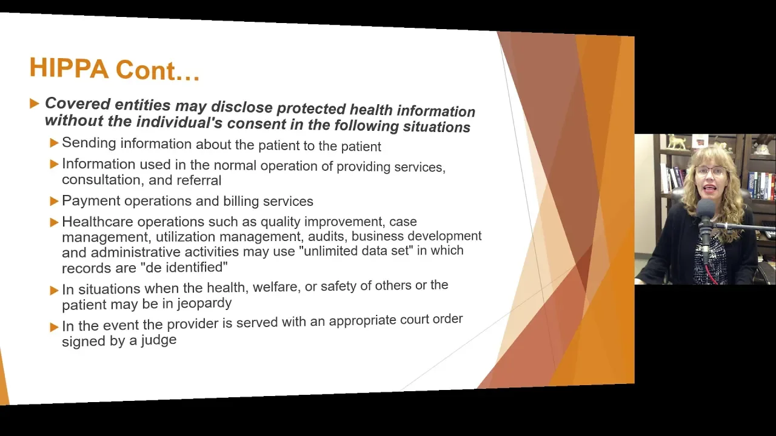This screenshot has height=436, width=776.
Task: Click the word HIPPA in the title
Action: (69, 68)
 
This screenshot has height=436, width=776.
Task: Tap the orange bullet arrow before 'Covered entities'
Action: (35, 103)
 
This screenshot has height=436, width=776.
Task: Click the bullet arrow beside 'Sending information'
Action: (54, 142)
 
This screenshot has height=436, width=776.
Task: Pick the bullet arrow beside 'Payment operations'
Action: (54, 201)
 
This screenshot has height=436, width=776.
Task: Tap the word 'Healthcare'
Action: (98, 222)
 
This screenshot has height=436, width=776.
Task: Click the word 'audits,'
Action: (328, 236)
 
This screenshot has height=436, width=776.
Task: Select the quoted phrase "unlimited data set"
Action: (358, 251)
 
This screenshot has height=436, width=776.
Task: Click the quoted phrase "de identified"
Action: (186, 268)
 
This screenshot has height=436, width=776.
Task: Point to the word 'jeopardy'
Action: (204, 304)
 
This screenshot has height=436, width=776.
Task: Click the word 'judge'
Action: (159, 340)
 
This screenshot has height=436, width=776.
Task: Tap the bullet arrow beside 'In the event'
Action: (54, 327)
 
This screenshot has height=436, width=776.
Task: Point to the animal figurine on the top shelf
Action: (677, 142)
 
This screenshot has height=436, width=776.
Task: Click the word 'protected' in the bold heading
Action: (311, 108)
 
